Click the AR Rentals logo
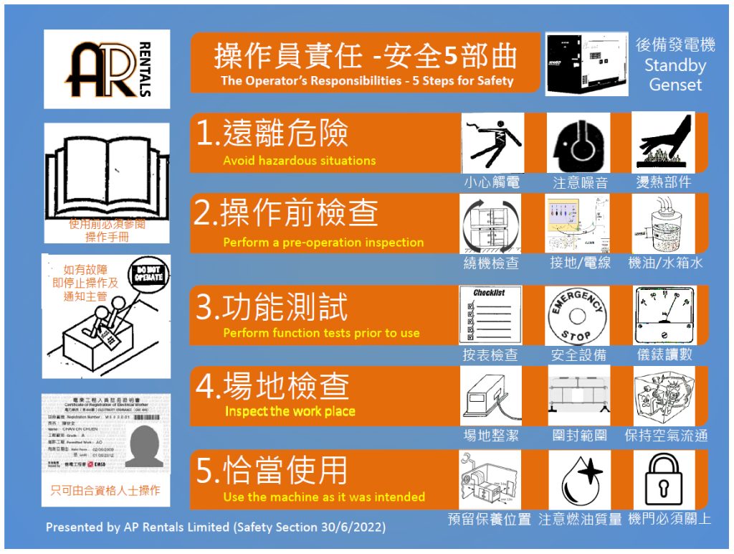pyautogui.click(x=107, y=69)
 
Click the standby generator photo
pyautogui.click(x=586, y=64)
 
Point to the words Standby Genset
pyautogui.click(x=675, y=75)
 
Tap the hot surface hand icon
pyautogui.click(x=664, y=141)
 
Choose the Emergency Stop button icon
pyautogui.click(x=577, y=316)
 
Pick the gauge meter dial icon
pyautogui.click(x=664, y=314)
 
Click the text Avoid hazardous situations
pyautogui.click(x=299, y=161)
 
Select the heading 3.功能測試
pyautogui.click(x=272, y=308)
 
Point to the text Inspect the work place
pyautogui.click(x=290, y=411)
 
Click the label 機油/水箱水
pyautogui.click(x=665, y=263)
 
